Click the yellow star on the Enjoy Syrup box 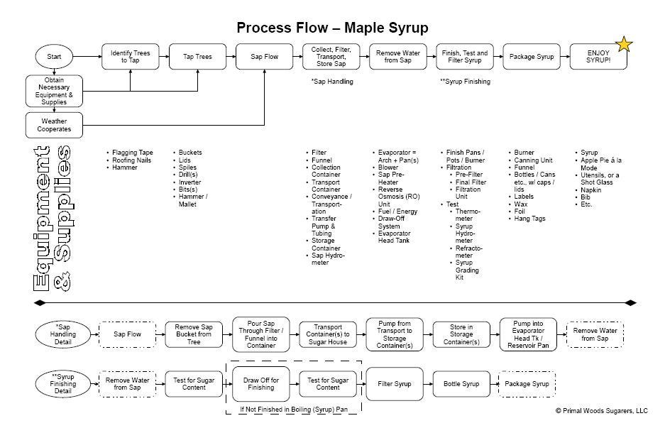[625, 45]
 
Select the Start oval [54, 56]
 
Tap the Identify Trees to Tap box [130, 56]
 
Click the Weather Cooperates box [54, 125]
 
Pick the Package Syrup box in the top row [531, 56]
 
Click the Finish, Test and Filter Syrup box [464, 56]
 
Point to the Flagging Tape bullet [132, 153]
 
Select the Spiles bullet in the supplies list [188, 168]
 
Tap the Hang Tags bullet [529, 219]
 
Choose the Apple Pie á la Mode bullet [598, 164]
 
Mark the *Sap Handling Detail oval [64, 332]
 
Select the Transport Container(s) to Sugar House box [327, 332]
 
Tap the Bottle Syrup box [461, 384]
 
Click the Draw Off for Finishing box [260, 384]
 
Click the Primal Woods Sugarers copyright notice [601, 410]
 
